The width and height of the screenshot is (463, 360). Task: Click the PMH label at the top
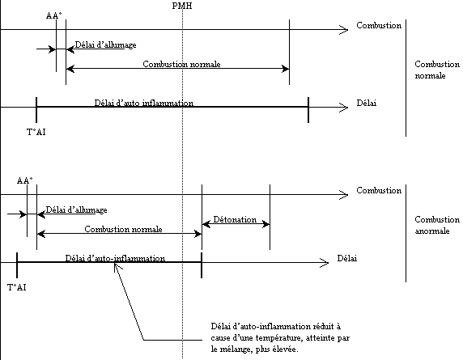tap(182, 6)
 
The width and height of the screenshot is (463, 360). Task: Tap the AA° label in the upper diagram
tap(54, 15)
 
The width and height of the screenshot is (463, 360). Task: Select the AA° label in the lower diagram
tap(25, 180)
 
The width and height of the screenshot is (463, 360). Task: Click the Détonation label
tap(235, 219)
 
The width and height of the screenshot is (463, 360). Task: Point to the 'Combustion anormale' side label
tap(437, 225)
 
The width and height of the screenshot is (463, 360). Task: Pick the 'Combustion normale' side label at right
tap(437, 70)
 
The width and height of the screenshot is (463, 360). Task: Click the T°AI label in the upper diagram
tap(36, 132)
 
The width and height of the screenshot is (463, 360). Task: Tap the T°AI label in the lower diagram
tap(16, 287)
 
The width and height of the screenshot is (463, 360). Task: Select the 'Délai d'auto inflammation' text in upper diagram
tap(144, 103)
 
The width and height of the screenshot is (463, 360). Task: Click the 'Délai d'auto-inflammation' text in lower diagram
tap(115, 258)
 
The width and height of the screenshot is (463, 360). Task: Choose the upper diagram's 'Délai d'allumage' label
tap(106, 44)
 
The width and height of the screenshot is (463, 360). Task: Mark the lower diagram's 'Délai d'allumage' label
tap(76, 210)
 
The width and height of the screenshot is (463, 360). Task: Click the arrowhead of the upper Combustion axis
tap(344, 30)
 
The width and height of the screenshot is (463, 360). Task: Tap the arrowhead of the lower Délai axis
tap(325, 263)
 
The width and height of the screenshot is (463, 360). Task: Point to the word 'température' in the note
tap(278, 338)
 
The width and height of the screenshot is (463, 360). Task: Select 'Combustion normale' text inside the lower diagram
tap(123, 229)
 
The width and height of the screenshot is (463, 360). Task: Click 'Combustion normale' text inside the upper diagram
tap(181, 64)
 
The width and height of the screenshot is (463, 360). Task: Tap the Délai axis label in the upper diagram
tap(367, 103)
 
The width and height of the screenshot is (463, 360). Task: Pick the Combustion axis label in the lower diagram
tap(379, 190)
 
